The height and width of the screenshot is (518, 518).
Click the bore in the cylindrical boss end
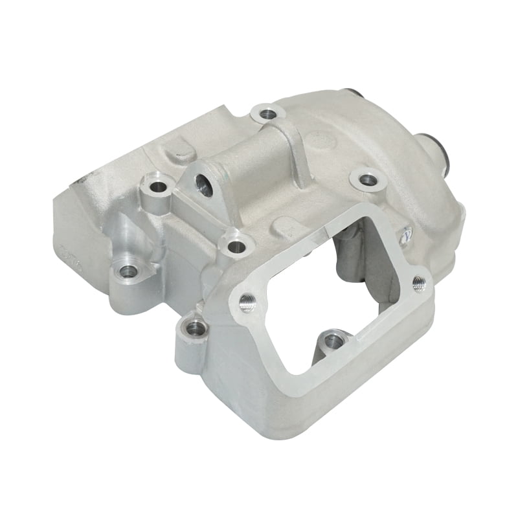pyautogui.click(x=205, y=185)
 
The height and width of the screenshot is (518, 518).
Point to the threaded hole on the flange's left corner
pyautogui.click(x=247, y=302)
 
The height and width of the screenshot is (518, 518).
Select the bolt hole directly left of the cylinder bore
pyautogui.click(x=158, y=188)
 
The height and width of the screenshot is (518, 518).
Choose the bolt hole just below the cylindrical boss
pyautogui.click(x=236, y=246)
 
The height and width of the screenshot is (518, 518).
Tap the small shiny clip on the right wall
pyautogui.click(x=406, y=234)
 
